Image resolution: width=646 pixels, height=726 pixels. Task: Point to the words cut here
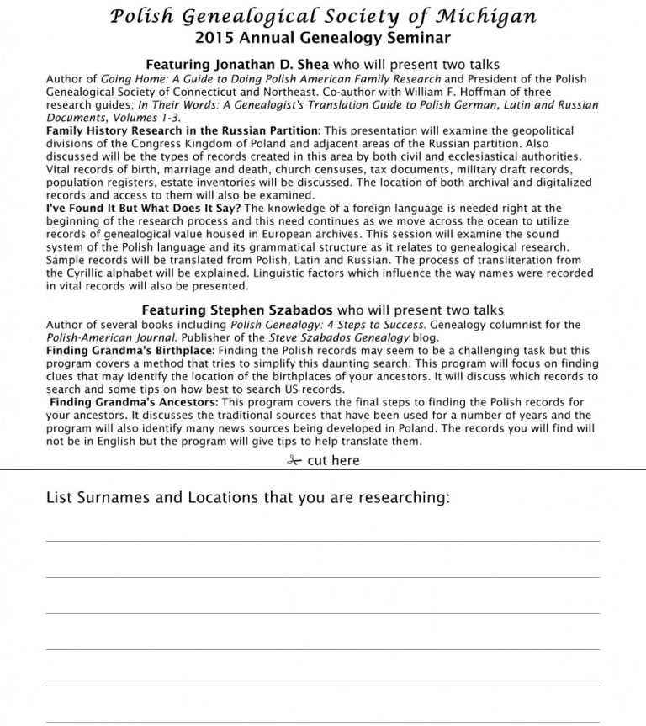point(333,460)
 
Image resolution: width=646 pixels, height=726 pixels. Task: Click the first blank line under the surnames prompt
point(322,540)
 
